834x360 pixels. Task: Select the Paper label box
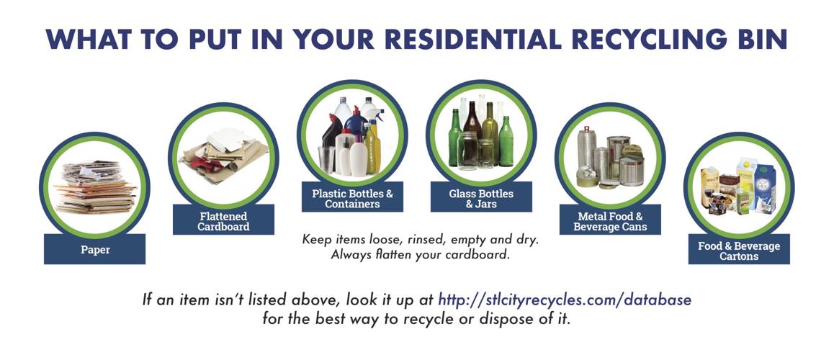pyautogui.click(x=94, y=249)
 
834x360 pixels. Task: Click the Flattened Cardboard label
pyautogui.click(x=223, y=220)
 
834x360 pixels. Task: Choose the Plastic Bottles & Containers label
pyautogui.click(x=352, y=198)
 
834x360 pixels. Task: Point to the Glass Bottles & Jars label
pyautogui.click(x=481, y=198)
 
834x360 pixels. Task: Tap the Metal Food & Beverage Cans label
pyautogui.click(x=610, y=220)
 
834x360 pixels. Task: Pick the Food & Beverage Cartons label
pyautogui.click(x=739, y=250)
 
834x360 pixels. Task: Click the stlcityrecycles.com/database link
pyautogui.click(x=565, y=299)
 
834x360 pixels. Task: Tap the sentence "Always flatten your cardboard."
pyautogui.click(x=420, y=254)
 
